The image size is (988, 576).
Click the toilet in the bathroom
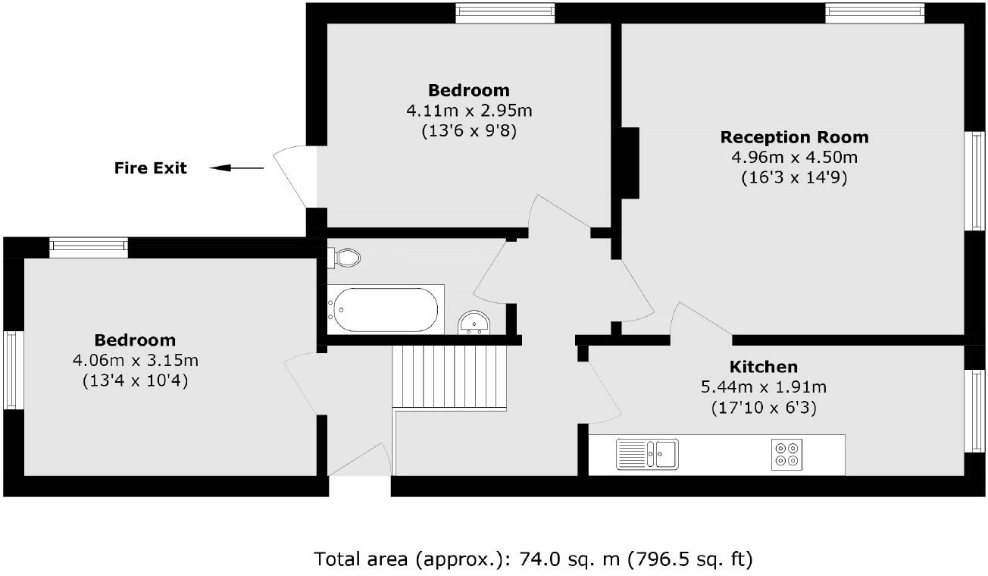[345, 257]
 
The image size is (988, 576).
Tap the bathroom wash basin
[475, 324]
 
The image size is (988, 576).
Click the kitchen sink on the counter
[648, 454]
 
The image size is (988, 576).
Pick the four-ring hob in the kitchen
[786, 454]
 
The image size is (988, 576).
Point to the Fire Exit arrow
[236, 168]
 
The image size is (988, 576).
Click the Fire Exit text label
[150, 168]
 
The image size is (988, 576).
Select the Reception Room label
[794, 137]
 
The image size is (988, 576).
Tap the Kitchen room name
[763, 367]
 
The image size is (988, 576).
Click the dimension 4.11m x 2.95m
[469, 111]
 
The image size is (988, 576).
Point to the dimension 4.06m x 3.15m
[135, 360]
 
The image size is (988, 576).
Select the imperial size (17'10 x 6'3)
[764, 408]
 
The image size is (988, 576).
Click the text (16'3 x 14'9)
[794, 179]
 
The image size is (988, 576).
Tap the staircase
[448, 377]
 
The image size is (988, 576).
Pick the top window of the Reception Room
[874, 13]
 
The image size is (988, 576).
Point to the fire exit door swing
[292, 177]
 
